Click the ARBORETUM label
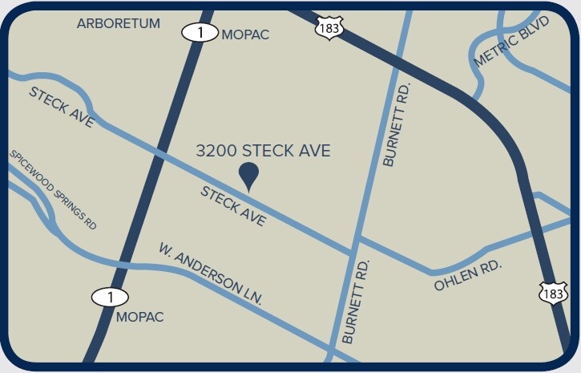pos(119,23)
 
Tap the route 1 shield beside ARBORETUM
pos(199,33)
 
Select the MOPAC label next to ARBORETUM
pos(245,34)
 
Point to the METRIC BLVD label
pos(511,42)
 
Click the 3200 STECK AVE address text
pos(264,150)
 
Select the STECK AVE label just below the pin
pos(233,206)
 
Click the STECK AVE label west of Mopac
pos(62,107)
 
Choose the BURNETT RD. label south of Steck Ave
pos(356,302)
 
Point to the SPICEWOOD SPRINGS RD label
pos(53,189)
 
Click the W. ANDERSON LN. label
pos(210,274)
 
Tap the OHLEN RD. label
pos(468,275)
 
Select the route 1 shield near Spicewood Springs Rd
pos(110,297)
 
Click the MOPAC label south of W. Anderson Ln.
pos(140,317)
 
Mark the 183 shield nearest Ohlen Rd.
pos(553,294)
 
